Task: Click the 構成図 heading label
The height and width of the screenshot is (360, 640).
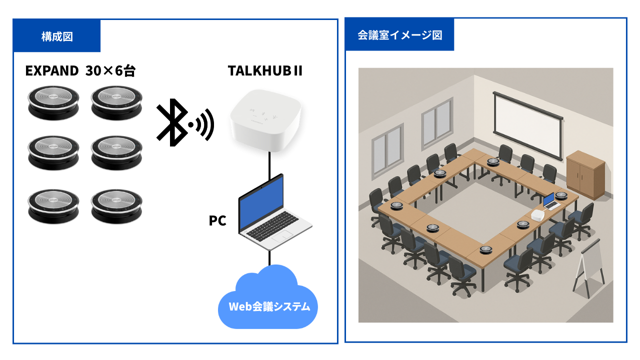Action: (x=57, y=37)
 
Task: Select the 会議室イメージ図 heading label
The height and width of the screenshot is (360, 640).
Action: (x=399, y=35)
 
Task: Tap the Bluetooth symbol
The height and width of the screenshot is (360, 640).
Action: (x=172, y=122)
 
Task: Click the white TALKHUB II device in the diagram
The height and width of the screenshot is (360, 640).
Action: (x=265, y=120)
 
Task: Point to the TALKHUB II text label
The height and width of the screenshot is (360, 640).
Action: (x=265, y=70)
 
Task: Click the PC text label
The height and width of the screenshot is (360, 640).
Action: (x=217, y=220)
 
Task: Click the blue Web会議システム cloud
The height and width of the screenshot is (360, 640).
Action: (x=268, y=297)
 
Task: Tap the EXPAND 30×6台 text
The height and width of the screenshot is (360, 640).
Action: (x=80, y=70)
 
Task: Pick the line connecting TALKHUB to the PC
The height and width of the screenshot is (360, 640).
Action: (x=269, y=165)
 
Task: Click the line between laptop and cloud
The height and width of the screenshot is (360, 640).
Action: (x=269, y=258)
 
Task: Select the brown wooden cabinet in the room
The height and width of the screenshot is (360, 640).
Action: (x=585, y=175)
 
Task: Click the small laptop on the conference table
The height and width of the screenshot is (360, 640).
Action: (x=550, y=201)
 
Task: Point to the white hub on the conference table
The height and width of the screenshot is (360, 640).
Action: (x=538, y=215)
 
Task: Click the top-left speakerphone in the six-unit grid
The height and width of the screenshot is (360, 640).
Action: (x=53, y=102)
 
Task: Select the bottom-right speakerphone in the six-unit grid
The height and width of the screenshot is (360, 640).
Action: (x=116, y=206)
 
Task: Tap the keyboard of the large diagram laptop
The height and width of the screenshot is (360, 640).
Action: (x=272, y=225)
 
